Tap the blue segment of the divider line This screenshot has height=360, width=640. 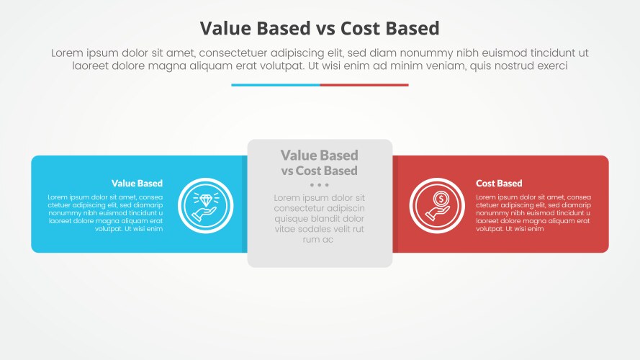[275, 85]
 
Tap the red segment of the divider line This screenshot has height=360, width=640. [364, 85]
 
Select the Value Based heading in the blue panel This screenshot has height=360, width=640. [137, 184]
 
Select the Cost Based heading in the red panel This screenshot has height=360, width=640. [499, 184]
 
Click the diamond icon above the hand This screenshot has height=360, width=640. [205, 200]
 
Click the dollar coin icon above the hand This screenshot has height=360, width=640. [437, 199]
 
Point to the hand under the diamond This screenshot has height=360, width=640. [204, 213]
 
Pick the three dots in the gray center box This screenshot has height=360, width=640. [319, 185]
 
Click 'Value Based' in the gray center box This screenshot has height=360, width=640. [319, 156]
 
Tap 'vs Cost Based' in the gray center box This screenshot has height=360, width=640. [319, 171]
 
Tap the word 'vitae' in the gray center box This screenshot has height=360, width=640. [287, 229]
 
